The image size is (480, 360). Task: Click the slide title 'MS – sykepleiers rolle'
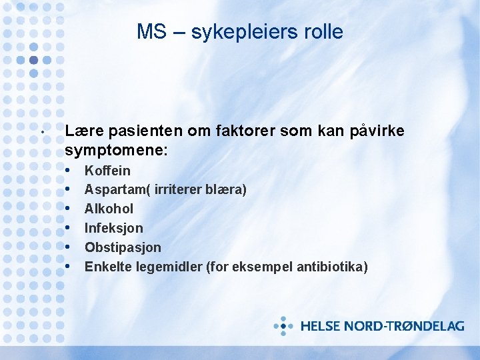240,31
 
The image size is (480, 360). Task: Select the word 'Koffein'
107,171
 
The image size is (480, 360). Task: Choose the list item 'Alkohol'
109,209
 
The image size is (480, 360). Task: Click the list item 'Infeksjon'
113,228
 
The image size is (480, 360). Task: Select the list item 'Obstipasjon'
123,247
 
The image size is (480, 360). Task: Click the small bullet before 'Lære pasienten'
42,131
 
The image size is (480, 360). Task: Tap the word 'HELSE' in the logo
320,327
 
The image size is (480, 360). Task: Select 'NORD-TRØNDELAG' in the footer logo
404,327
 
